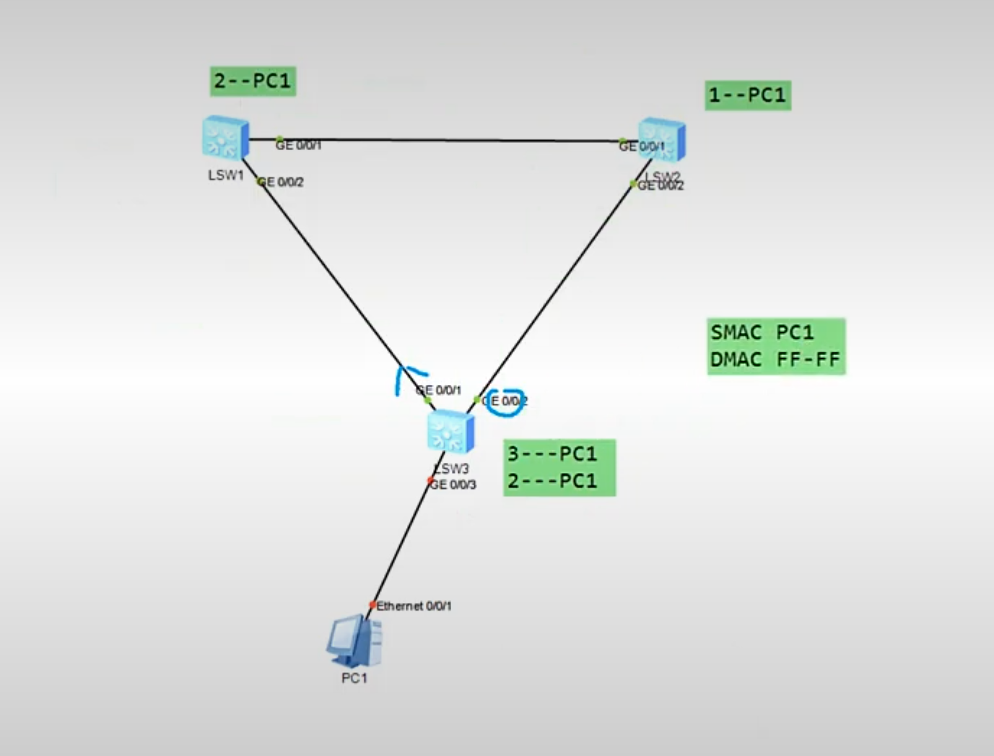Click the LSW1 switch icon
pos(226,138)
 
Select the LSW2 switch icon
pos(662,139)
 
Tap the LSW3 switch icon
pos(450,432)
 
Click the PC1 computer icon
pos(354,641)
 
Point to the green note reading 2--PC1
pos(253,81)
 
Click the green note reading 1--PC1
pos(747,95)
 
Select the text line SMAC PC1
pos(762,333)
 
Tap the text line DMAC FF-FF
pos(775,360)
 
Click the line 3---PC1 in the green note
pos(553,454)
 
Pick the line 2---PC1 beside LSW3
pos(553,481)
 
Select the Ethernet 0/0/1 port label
pos(414,606)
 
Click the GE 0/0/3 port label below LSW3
pos(453,485)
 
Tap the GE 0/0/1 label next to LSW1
pos(299,145)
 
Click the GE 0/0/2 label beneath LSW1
pos(282,182)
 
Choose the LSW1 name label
pos(226,175)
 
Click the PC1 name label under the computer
pos(354,678)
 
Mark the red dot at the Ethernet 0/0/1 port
pos(372,605)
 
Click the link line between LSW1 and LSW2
pos(448,140)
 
